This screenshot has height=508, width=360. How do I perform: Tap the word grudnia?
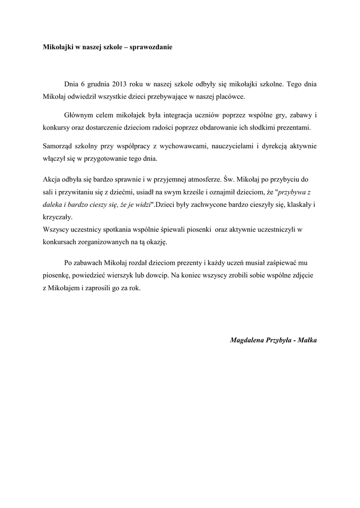91,84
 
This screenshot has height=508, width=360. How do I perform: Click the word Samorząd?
57,146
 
